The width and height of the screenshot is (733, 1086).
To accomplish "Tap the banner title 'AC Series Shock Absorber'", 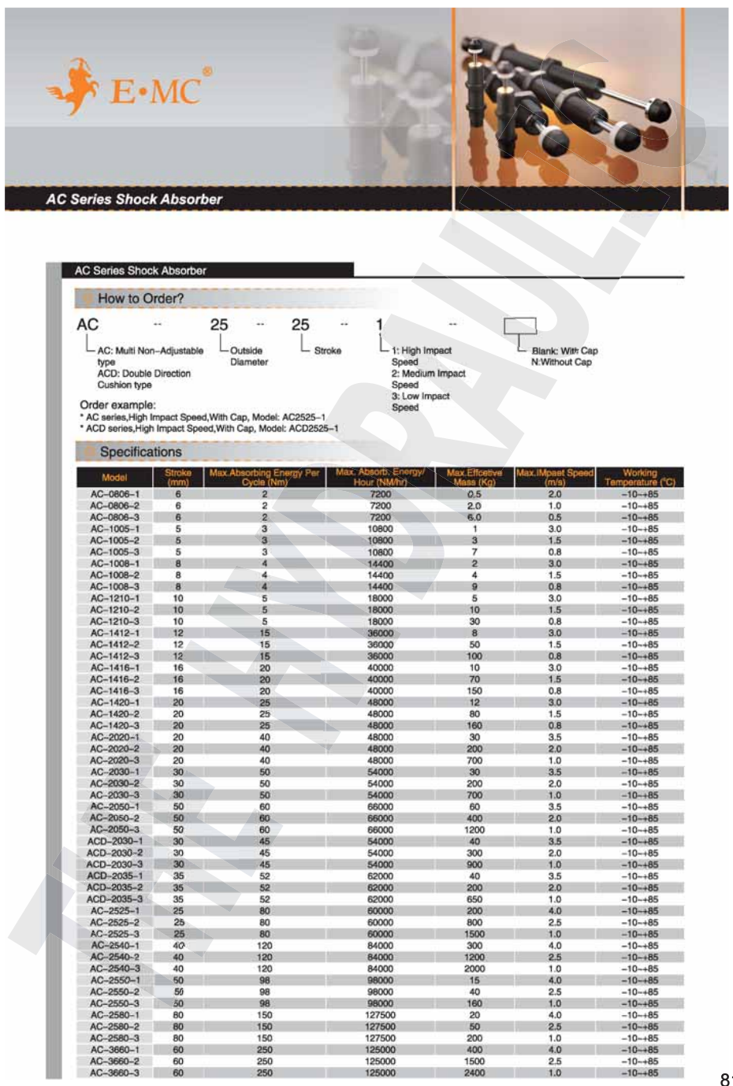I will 134,199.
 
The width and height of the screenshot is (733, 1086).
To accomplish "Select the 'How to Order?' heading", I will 140,299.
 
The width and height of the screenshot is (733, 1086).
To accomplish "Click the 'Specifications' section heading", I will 140,452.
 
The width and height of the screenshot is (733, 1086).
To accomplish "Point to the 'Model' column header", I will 114,478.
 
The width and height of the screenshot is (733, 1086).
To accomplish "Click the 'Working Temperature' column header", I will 639,478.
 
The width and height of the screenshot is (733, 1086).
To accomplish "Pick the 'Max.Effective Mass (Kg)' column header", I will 474,478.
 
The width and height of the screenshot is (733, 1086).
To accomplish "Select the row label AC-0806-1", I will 114,494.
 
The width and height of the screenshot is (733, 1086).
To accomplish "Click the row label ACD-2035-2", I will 114,887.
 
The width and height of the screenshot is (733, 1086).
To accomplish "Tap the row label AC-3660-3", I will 114,1073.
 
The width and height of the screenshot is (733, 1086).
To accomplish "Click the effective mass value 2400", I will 474,1073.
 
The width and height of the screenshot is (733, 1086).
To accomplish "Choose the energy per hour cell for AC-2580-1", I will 380,1015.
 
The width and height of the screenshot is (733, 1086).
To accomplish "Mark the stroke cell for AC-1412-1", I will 178,633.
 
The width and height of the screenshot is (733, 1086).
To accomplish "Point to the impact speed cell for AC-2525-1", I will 555,911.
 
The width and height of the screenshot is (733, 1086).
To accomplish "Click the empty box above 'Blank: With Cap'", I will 520,325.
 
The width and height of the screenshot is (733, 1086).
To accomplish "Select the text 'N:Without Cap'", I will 561,363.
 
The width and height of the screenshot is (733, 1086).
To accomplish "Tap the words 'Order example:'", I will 118,404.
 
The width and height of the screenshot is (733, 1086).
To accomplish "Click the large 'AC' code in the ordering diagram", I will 87,325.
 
